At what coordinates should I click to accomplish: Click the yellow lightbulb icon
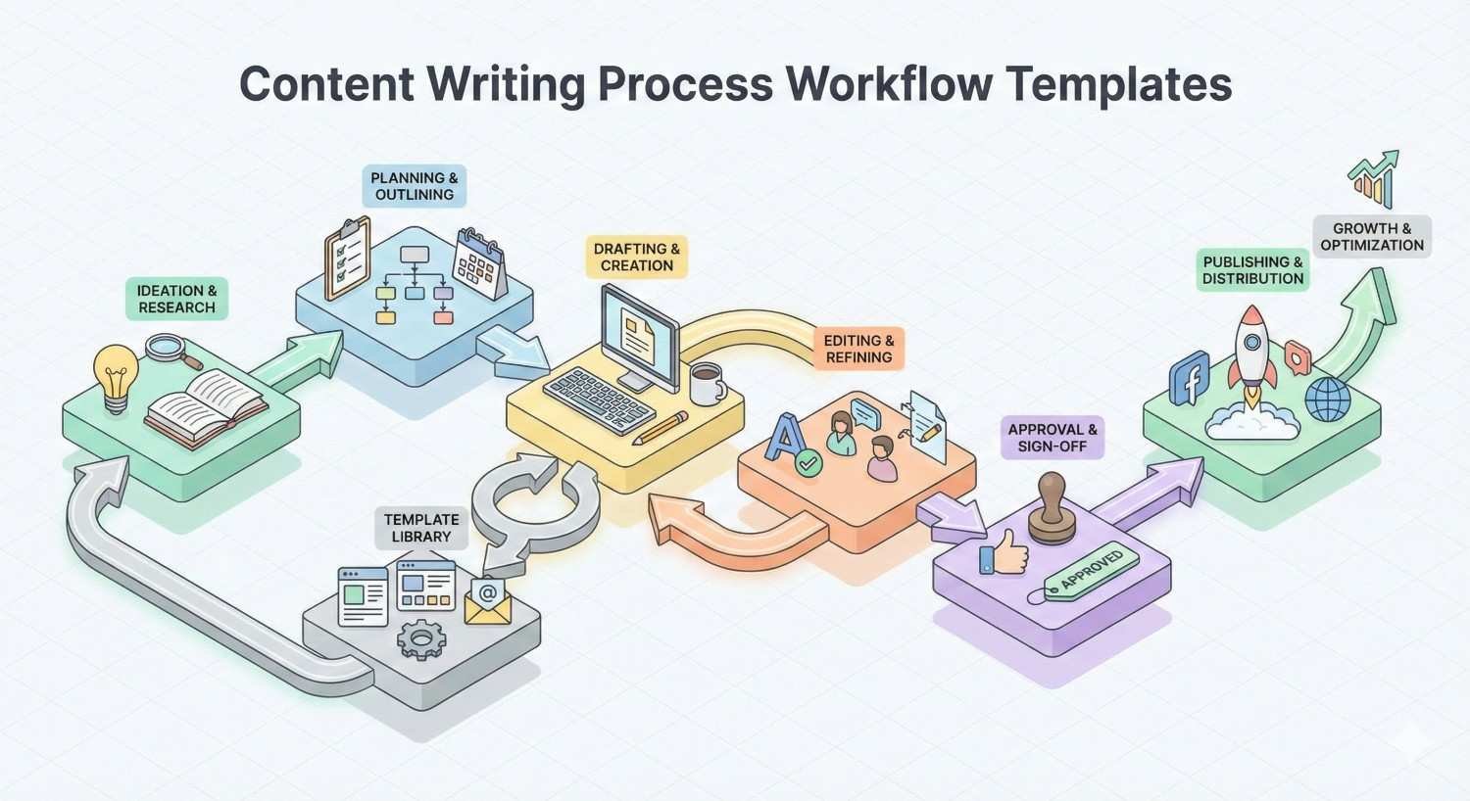[x=115, y=376]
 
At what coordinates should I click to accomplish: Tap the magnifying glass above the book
[x=168, y=348]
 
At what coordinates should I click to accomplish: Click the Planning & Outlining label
[x=415, y=186]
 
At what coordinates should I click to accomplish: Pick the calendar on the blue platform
[x=480, y=262]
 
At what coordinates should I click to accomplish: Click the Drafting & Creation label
[x=637, y=257]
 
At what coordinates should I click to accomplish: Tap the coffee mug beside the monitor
[x=706, y=384]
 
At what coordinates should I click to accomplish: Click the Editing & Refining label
[x=858, y=349]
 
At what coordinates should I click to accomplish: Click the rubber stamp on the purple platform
[x=1052, y=507]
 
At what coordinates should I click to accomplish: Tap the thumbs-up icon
[x=1004, y=556]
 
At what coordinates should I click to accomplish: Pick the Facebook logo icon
[x=1190, y=379]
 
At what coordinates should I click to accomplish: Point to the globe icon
[x=1328, y=400]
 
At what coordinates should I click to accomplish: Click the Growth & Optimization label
[x=1372, y=237]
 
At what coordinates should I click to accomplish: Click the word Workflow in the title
[x=889, y=84]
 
